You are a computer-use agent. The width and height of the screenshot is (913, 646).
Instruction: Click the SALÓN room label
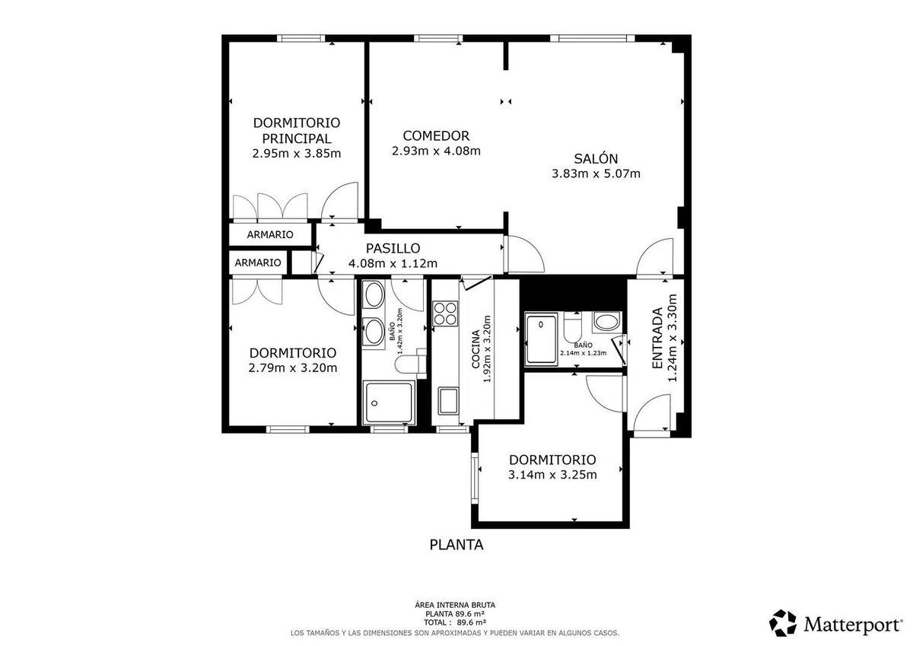(x=596, y=158)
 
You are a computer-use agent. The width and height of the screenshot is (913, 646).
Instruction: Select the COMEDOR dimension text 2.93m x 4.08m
(x=436, y=151)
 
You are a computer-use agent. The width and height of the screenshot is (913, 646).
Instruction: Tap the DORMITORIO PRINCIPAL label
(x=296, y=130)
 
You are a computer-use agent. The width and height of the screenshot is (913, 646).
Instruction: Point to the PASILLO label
(x=393, y=248)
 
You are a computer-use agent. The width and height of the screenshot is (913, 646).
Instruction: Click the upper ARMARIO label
(x=270, y=234)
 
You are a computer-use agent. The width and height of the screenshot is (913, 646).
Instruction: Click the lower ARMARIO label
(x=258, y=263)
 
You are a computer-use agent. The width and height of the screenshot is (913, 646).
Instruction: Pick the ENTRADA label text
(x=657, y=338)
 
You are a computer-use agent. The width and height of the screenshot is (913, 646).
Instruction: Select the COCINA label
(x=476, y=350)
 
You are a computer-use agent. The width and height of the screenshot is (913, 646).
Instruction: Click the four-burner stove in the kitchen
(x=444, y=313)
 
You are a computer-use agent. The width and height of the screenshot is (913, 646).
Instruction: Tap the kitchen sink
(x=448, y=401)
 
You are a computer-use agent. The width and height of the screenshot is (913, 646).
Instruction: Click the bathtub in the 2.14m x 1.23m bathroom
(x=541, y=339)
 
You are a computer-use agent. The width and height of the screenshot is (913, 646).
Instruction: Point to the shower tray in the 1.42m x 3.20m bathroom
(x=389, y=403)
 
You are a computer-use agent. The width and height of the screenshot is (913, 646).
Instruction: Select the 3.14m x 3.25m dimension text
(x=552, y=475)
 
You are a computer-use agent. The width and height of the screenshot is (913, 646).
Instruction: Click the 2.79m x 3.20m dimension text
(x=293, y=368)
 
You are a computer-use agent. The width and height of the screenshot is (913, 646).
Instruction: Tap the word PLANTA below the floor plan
(x=456, y=545)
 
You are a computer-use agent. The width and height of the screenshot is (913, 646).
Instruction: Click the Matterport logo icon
(x=783, y=623)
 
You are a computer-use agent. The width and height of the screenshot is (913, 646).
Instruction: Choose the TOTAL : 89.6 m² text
(x=455, y=622)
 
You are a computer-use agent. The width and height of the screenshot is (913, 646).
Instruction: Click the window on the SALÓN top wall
(x=593, y=39)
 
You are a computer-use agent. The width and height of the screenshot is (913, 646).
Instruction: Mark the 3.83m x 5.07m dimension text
(x=596, y=174)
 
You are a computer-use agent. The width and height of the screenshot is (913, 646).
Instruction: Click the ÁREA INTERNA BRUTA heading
(x=455, y=605)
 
